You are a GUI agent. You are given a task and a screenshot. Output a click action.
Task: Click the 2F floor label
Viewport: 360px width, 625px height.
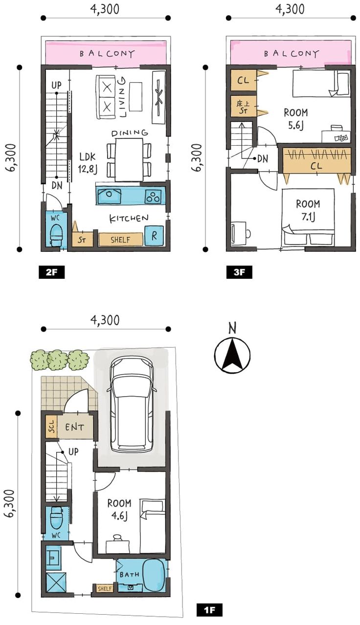[x=52, y=272]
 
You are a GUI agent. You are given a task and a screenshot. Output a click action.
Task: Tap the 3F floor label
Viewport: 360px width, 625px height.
[x=239, y=272]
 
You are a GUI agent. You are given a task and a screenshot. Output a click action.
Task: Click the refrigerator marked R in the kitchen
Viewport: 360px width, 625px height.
[x=154, y=236]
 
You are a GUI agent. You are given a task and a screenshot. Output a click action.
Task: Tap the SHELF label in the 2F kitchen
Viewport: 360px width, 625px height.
[x=120, y=240]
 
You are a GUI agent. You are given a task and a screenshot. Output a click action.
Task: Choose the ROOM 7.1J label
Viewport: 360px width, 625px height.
[x=308, y=210]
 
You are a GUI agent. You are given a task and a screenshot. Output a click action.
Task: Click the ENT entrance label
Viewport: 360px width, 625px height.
[x=74, y=427]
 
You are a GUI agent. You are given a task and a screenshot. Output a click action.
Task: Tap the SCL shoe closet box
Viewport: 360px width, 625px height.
[x=51, y=427]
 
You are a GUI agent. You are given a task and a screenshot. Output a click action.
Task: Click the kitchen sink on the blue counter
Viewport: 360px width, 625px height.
[x=109, y=196]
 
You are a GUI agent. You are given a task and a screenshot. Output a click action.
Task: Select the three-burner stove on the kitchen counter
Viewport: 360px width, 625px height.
[x=153, y=196]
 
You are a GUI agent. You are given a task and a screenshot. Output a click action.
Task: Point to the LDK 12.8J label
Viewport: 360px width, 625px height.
[x=88, y=163]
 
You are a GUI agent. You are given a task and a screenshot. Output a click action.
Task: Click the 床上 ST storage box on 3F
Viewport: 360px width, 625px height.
[x=244, y=106]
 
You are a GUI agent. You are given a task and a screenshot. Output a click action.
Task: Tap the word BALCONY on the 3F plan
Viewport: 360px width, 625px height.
[x=291, y=53]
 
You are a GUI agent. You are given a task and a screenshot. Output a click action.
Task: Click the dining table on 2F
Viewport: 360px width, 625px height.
[x=129, y=160]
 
